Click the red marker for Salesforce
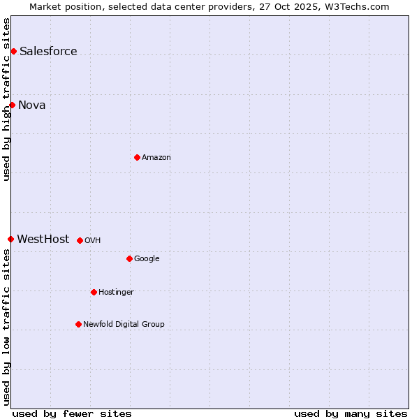coord(13,51)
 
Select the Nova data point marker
coord(12,105)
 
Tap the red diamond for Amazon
coord(137,157)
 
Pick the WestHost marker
coord(10,239)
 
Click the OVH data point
coord(80,240)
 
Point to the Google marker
coord(129,258)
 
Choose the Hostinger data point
coord(94,292)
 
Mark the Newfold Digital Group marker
coord(78,324)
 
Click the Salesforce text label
coord(48,51)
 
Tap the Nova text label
coord(32,105)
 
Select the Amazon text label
coord(156,157)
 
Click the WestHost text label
coord(43,239)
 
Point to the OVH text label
coord(93,240)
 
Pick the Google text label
coord(147,258)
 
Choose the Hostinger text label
coord(116,292)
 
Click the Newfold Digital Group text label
coord(124,324)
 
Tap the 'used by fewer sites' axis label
coord(72,413)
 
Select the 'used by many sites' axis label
coord(351,413)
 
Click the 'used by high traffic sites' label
coord(6,99)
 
